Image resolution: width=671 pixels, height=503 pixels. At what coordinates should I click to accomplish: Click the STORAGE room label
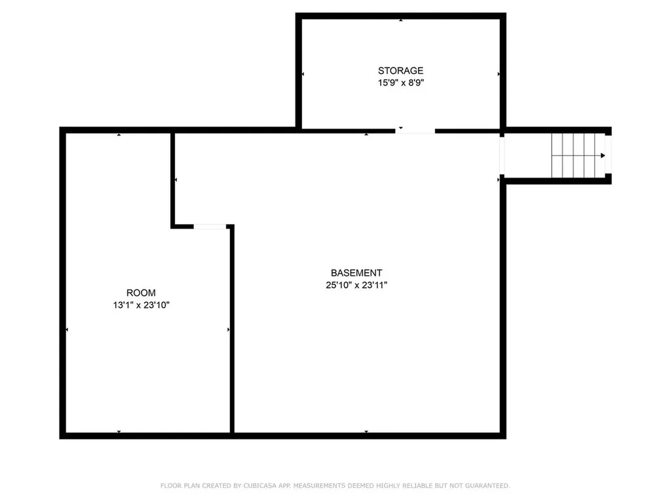pyautogui.click(x=400, y=71)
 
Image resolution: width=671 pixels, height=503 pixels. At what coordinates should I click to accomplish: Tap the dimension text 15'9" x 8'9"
pyautogui.click(x=400, y=83)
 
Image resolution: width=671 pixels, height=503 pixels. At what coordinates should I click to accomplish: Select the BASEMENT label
pyautogui.click(x=356, y=273)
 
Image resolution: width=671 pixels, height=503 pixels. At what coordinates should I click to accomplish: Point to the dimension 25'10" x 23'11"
pyautogui.click(x=356, y=285)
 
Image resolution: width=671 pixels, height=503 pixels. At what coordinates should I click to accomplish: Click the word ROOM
pyautogui.click(x=141, y=293)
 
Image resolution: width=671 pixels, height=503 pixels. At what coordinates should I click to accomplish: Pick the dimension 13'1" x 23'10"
pyautogui.click(x=141, y=305)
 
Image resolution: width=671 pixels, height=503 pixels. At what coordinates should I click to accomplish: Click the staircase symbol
pyautogui.click(x=577, y=155)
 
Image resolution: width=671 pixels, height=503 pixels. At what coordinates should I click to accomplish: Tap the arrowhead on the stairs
pyautogui.click(x=602, y=156)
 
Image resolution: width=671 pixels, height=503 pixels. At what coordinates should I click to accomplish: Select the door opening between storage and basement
pyautogui.click(x=415, y=131)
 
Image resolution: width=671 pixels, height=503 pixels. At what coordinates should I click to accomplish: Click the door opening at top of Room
pyautogui.click(x=210, y=227)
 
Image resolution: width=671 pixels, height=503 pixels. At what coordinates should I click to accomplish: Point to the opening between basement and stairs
pyautogui.click(x=502, y=156)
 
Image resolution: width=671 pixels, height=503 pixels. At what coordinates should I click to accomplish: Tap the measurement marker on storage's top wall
pyautogui.click(x=400, y=20)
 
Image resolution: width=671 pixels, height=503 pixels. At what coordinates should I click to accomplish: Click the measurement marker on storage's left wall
pyautogui.click(x=303, y=74)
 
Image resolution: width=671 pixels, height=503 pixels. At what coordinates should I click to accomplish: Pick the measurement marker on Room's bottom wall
pyautogui.click(x=119, y=431)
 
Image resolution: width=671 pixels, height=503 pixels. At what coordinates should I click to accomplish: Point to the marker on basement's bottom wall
pyautogui.click(x=366, y=431)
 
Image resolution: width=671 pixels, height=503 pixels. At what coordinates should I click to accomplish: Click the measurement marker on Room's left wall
pyautogui.click(x=67, y=329)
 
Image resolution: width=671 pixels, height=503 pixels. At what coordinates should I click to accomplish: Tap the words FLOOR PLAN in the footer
pyautogui.click(x=176, y=485)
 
